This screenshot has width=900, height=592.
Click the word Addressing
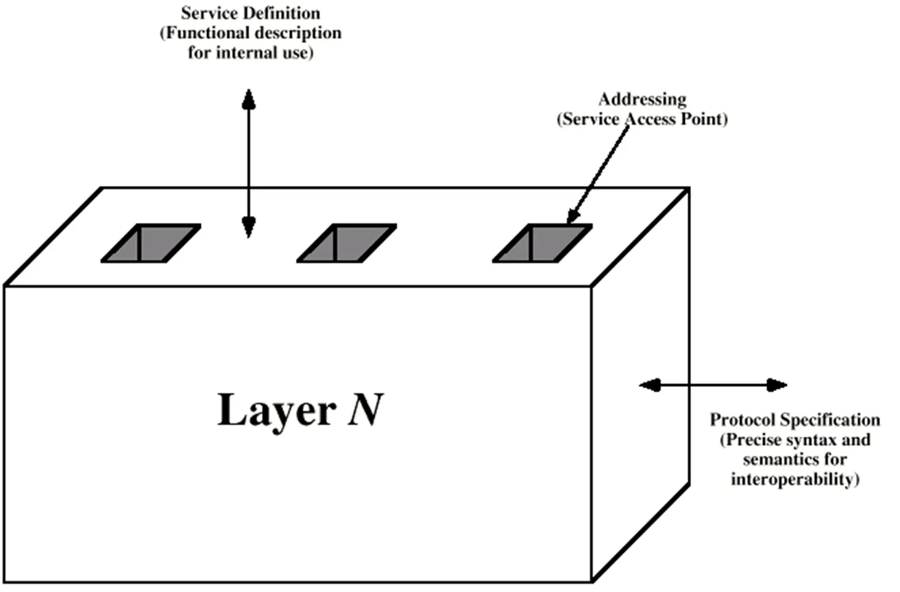642,99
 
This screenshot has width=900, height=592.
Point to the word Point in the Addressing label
704,119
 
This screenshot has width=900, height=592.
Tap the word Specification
826,420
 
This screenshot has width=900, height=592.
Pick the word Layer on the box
277,411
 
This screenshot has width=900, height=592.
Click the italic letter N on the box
365,410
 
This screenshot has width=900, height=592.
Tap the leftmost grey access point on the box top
151,244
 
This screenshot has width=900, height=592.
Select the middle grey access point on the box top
346,244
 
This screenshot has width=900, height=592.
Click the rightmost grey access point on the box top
542,244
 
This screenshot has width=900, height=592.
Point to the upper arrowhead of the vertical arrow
249,99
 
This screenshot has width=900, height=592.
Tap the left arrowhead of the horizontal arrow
650,385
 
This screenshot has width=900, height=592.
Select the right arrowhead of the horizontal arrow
777,385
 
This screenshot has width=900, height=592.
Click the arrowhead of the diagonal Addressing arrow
573,215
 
